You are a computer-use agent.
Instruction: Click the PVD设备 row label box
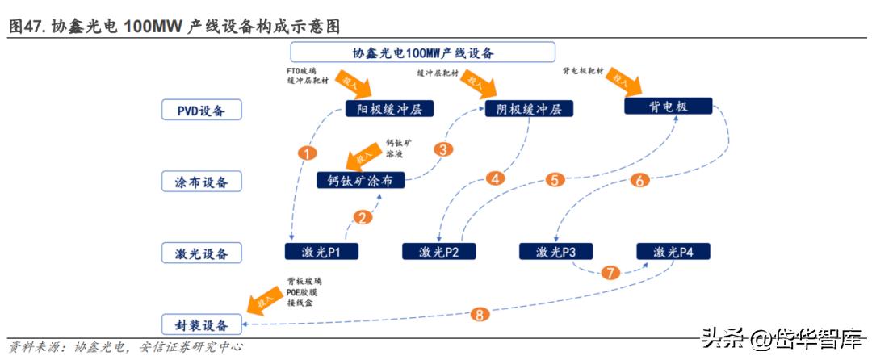pos(201,109)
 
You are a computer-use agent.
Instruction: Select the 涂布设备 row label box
pos(201,182)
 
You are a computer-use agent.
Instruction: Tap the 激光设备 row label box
pos(201,253)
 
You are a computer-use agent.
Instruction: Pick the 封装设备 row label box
pos(201,325)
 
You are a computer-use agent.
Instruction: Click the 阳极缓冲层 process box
pos(389,109)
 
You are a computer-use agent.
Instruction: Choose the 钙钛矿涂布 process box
pos(360,180)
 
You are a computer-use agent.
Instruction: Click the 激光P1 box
pos(321,252)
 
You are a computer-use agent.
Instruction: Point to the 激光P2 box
pos(439,252)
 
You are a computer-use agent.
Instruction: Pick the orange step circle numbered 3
pos(442,149)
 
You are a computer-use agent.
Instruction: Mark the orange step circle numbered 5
pos(554,180)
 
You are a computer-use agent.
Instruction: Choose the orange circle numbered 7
pos(610,272)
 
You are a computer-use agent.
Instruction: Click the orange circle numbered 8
pos(481,314)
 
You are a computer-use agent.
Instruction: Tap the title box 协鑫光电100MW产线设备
pos(422,52)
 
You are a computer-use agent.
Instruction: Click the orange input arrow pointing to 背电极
pos(625,82)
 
